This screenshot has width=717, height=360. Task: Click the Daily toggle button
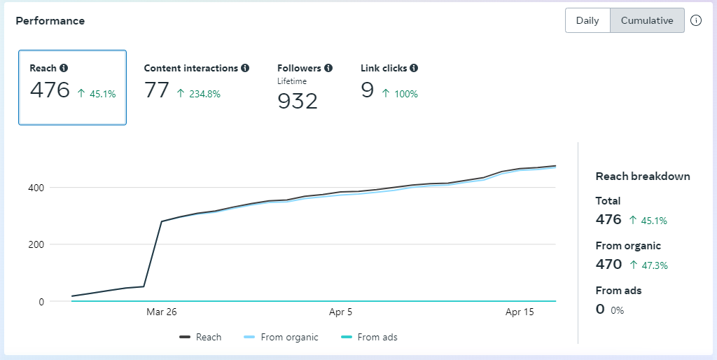(587, 20)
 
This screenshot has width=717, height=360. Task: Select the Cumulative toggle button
(647, 20)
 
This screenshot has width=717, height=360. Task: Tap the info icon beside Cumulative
(696, 20)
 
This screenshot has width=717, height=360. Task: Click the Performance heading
(50, 21)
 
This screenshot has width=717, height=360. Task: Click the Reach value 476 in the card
(50, 90)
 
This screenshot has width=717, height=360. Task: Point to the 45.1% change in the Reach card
(97, 93)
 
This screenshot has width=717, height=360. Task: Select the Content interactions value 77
(157, 90)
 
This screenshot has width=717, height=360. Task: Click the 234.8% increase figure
(199, 93)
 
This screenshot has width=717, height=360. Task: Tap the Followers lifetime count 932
(298, 102)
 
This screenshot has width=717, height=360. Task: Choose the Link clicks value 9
(368, 90)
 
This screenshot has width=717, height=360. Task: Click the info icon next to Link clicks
(414, 68)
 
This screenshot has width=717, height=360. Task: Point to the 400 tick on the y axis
(37, 188)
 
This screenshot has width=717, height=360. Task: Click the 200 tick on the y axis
(37, 244)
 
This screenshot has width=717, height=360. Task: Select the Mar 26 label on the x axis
(162, 312)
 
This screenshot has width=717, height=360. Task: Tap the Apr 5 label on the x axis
(340, 312)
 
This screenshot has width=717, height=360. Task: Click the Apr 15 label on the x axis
(520, 312)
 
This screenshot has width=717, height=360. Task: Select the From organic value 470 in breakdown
(608, 264)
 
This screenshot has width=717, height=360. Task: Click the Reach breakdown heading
(643, 176)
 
